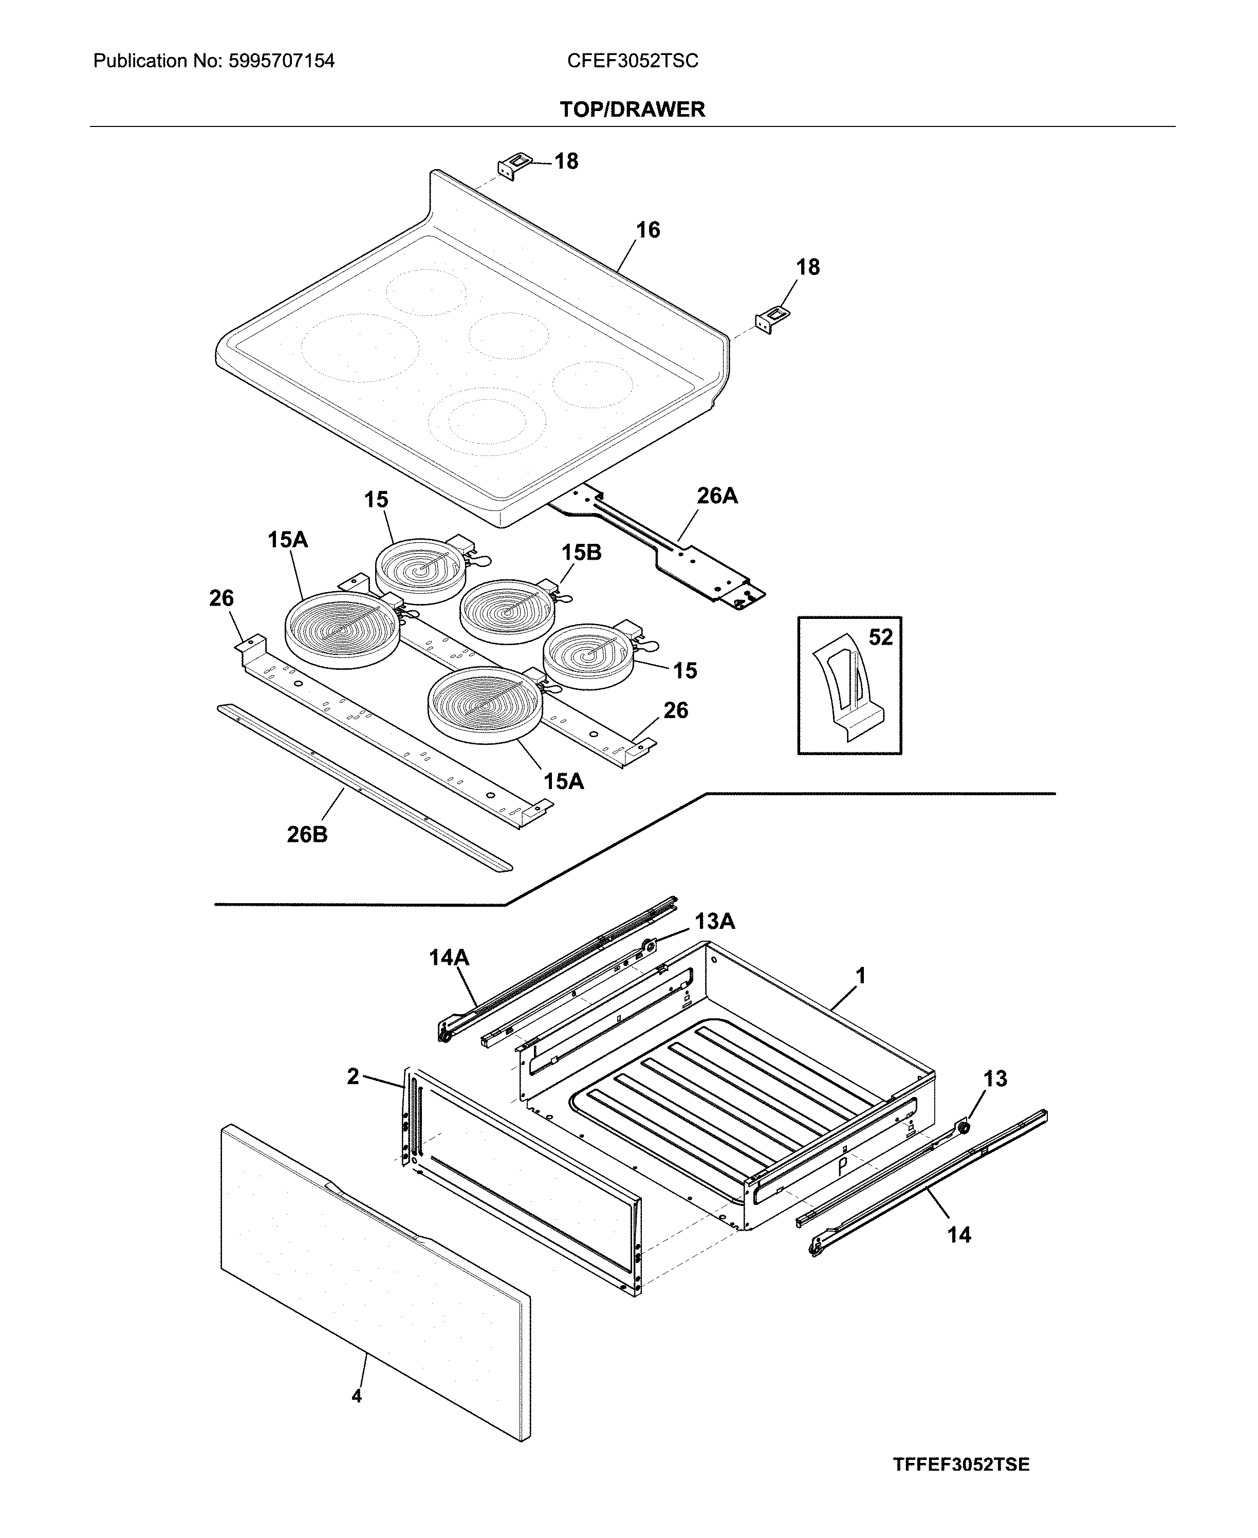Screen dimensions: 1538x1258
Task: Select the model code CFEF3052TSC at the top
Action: [632, 61]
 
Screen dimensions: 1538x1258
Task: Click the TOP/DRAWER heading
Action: [632, 109]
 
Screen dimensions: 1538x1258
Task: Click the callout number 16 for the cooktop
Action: [648, 230]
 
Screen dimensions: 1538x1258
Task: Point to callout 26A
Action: [717, 496]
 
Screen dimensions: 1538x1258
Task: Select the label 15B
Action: [581, 553]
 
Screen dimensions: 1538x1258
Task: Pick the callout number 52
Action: [880, 637]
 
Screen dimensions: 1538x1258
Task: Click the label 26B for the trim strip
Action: [307, 835]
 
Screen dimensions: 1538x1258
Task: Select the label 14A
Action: [449, 958]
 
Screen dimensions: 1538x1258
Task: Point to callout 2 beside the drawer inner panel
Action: [353, 1076]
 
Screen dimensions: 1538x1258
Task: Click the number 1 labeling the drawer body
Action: [860, 976]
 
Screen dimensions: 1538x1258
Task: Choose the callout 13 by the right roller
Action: [994, 1078]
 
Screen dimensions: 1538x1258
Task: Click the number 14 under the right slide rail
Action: [959, 1234]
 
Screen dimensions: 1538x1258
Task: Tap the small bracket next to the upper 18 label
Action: [512, 166]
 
